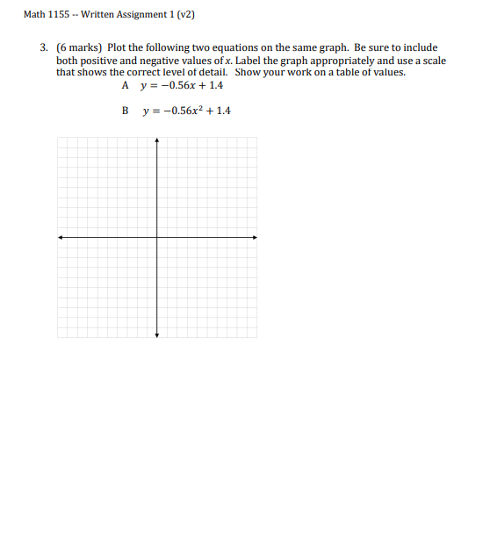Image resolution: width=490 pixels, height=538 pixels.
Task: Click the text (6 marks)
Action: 79,47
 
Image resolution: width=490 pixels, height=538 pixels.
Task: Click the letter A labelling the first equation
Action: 126,86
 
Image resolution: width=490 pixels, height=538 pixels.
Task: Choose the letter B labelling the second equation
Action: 126,111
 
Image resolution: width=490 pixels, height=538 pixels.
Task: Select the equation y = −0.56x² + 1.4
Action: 185,111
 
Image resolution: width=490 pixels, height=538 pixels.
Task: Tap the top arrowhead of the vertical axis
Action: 157,139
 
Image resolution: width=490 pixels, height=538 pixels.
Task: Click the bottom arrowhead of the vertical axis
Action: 157,334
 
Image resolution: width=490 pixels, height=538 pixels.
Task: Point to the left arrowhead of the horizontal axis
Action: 60,236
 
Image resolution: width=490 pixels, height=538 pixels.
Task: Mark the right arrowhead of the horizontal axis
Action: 256,236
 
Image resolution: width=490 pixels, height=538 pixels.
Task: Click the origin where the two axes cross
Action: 157,236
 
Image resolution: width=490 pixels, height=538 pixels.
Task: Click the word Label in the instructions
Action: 249,60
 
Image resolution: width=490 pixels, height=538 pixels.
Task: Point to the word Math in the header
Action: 34,15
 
